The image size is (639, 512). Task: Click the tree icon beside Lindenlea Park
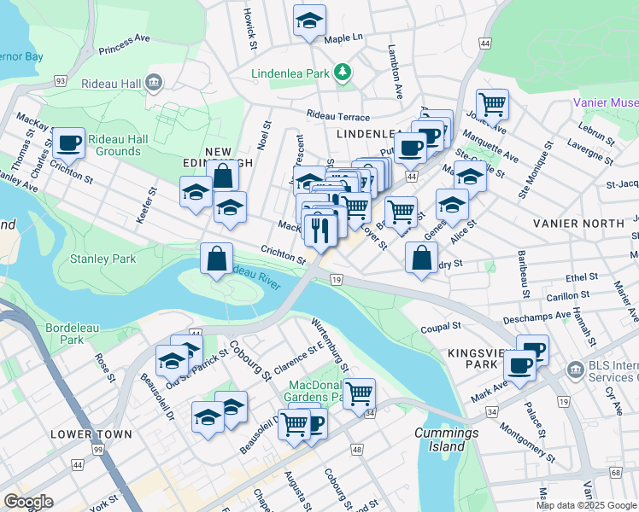(343, 73)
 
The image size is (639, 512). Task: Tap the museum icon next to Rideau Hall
(155, 83)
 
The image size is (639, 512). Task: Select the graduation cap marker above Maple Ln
(309, 22)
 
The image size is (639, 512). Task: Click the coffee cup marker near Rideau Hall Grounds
(68, 142)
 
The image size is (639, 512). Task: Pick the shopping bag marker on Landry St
(421, 259)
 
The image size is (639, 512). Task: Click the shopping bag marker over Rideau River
(217, 257)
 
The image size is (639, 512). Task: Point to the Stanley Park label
(103, 258)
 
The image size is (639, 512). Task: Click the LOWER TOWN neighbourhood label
(91, 434)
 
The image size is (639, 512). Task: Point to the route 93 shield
(60, 80)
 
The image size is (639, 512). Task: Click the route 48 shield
(356, 449)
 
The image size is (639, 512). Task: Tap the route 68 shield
(615, 472)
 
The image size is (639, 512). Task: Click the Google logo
(28, 502)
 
